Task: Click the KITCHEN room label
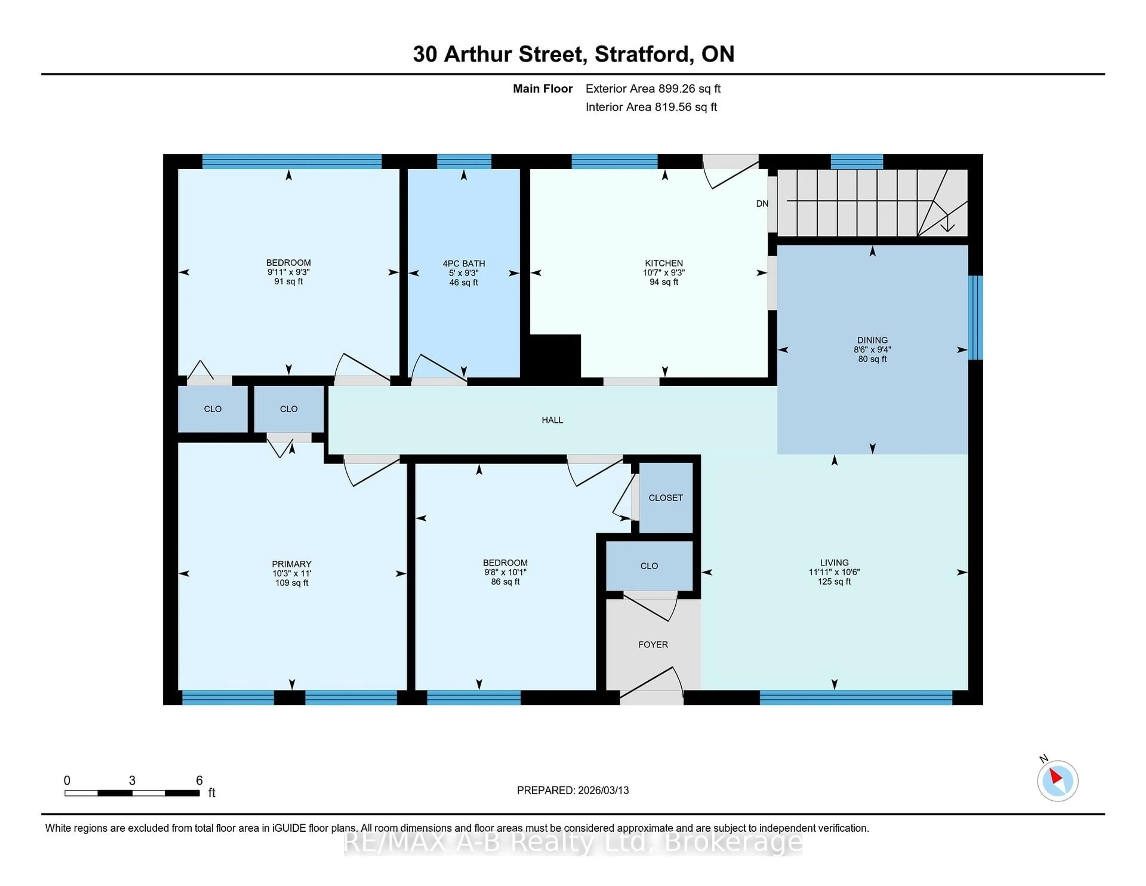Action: [664, 263]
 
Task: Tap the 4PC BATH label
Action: [463, 264]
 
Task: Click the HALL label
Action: [552, 420]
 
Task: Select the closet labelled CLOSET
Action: [665, 498]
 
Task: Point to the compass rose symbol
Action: [1057, 781]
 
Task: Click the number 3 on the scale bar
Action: [132, 781]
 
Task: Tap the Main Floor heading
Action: [543, 89]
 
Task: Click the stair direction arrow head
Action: [947, 227]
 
